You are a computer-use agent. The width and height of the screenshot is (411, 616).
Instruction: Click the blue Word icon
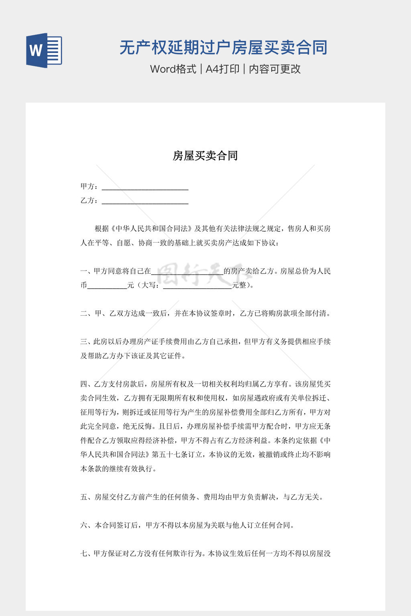coord(44,50)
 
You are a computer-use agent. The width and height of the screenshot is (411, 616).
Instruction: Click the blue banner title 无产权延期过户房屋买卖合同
coord(224,48)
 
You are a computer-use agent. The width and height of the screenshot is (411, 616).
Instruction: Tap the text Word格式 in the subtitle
coord(173,69)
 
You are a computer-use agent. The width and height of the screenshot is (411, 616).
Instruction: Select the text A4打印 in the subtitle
coord(222,69)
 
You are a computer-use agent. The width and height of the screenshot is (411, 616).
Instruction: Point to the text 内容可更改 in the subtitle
coord(275,69)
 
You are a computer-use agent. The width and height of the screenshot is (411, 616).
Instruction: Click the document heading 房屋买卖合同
coord(205,156)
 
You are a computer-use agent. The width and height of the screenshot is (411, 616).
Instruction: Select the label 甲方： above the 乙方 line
coord(89,186)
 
